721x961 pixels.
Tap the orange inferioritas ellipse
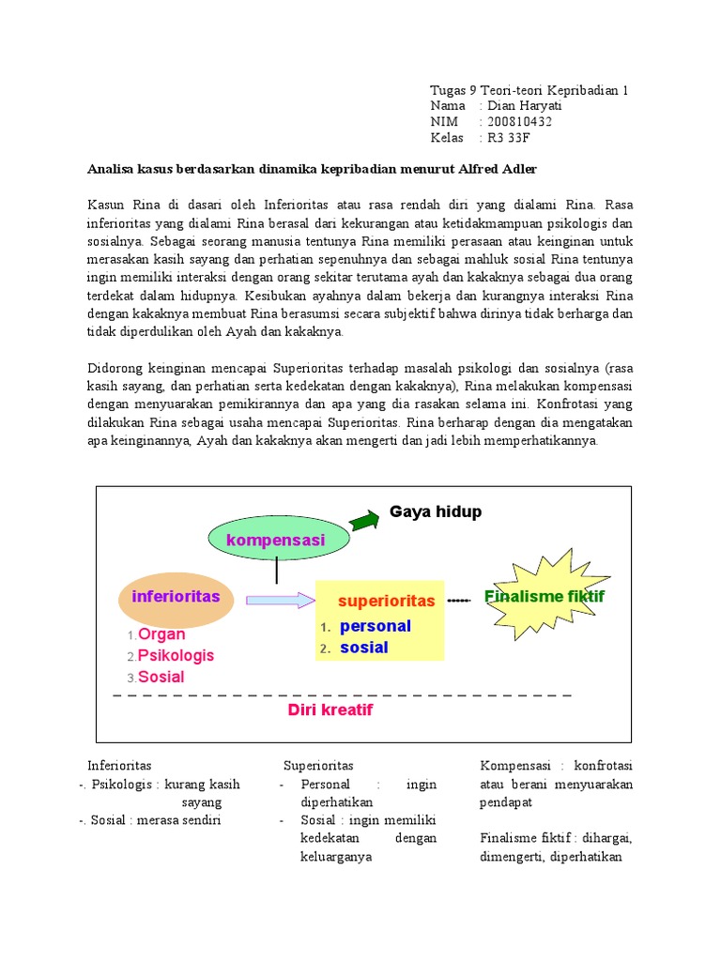176,599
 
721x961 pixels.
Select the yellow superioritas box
388,620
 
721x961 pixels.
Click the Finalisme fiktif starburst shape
545,598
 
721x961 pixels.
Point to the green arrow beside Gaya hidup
364,518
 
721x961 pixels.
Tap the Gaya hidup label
436,511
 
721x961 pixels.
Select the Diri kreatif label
330,710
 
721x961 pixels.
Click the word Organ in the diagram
161,634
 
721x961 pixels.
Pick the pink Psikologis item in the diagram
176,655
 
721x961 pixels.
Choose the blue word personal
376,626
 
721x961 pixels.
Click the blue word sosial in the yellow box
363,648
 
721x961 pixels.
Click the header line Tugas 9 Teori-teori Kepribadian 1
529,90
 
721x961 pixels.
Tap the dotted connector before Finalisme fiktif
458,600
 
